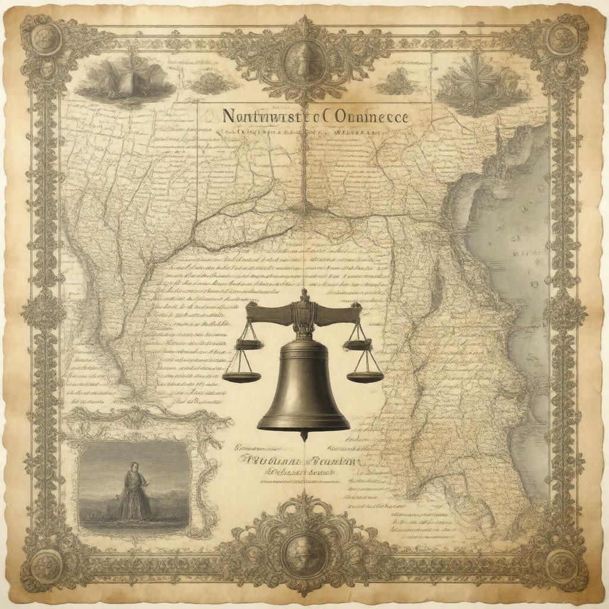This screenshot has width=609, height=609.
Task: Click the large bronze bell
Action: click(x=303, y=387)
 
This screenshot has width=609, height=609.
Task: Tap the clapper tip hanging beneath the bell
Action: click(x=304, y=437)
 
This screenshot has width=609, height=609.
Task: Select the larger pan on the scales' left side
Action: click(x=241, y=376)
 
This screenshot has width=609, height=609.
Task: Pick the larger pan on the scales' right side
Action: click(x=365, y=376)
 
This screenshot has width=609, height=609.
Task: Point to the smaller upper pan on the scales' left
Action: click(x=249, y=344)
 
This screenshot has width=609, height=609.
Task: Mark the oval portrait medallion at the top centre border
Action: click(x=304, y=59)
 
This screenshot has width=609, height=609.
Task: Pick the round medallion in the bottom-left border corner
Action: click(x=46, y=562)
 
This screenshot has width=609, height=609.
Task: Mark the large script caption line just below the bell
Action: click(x=297, y=460)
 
